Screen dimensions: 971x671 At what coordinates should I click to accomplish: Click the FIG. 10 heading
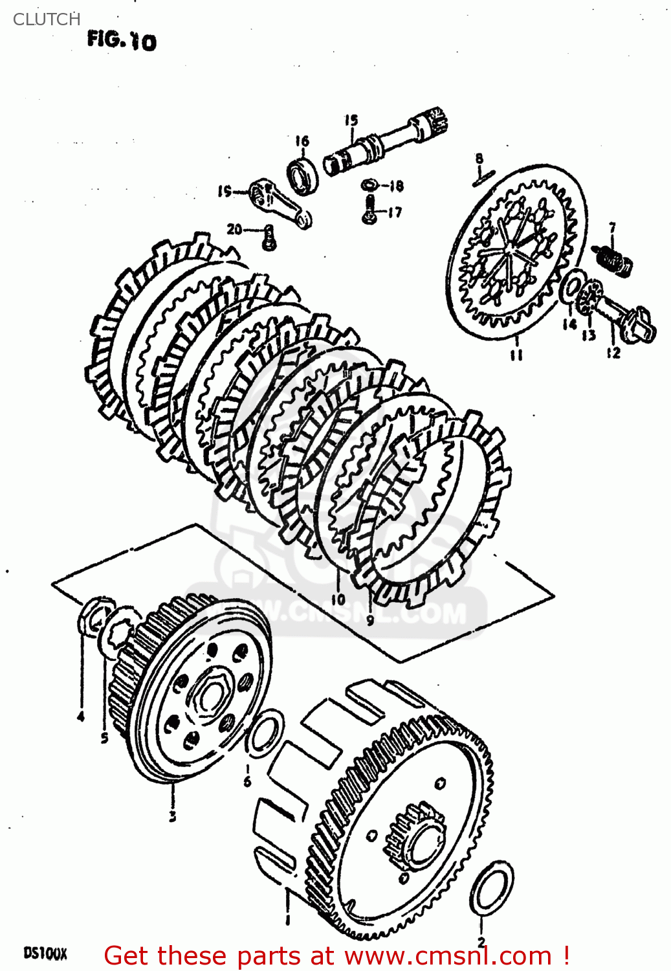coord(122,41)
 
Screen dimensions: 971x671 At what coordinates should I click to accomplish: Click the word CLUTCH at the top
coord(47,19)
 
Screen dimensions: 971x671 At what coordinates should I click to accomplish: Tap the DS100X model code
coord(45,953)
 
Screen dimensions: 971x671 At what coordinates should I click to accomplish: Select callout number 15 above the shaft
coord(351,120)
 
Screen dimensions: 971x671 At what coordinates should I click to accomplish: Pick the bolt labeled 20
coord(269,237)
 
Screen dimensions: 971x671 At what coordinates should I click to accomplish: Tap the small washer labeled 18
coord(369,185)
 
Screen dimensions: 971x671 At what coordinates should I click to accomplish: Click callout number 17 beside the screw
coord(394,212)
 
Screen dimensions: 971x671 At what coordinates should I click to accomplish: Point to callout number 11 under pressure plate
coord(516,354)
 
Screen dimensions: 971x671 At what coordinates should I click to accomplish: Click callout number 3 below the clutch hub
coord(173,816)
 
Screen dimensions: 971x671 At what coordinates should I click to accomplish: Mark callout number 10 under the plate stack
coord(338,599)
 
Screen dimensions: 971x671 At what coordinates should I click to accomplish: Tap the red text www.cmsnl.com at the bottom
coord(447,955)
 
